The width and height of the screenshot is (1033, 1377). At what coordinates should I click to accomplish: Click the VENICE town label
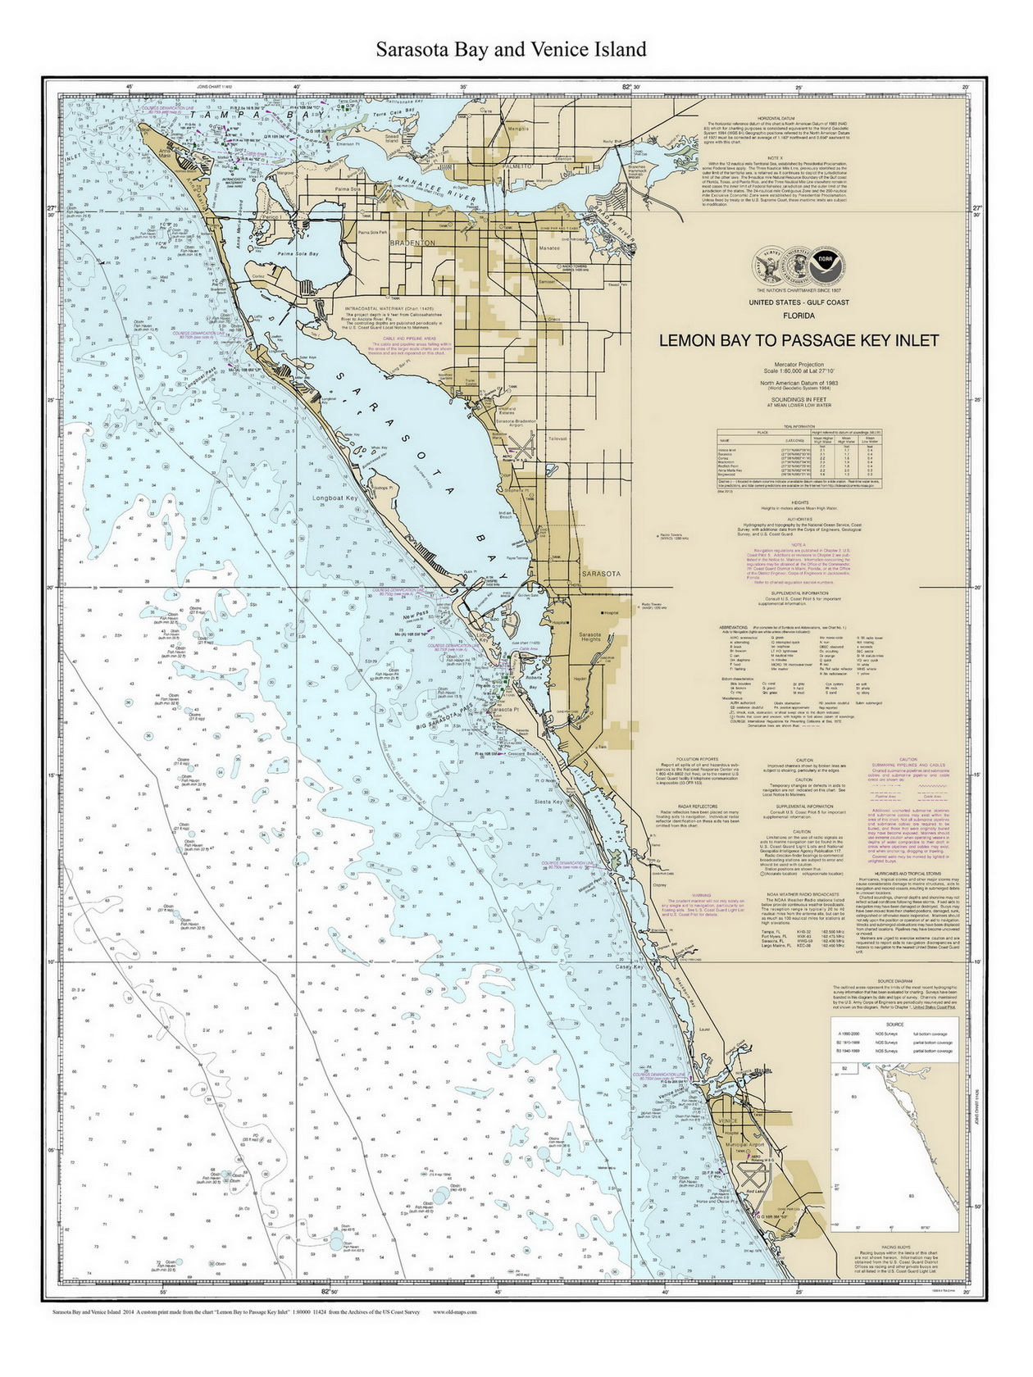[x=727, y=1120]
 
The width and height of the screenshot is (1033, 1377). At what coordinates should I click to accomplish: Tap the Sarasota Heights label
[x=590, y=637]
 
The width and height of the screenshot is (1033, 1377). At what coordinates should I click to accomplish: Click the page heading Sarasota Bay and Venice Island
[x=511, y=49]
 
